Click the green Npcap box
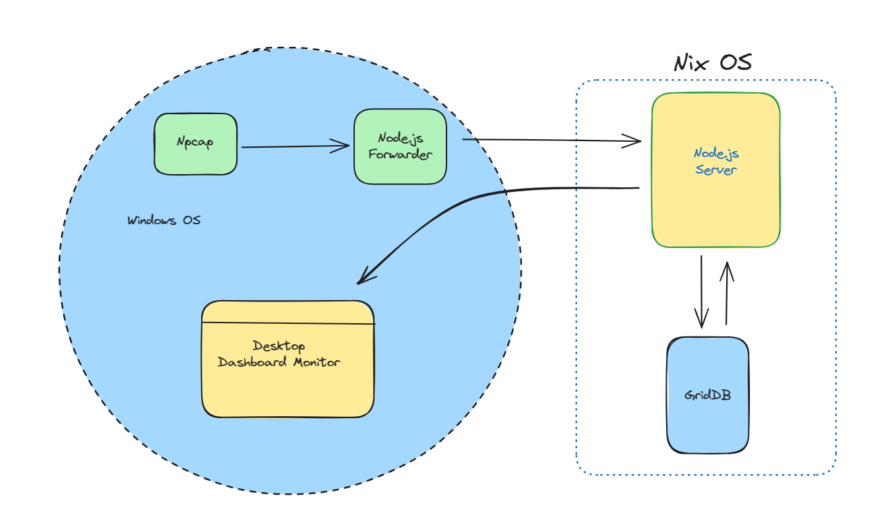pos(195,144)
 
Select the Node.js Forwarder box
pos(400,146)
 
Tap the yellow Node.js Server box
pos(716,170)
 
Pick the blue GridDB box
pos(708,396)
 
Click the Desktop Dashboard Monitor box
pos(288,359)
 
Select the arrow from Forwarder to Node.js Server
pos(551,140)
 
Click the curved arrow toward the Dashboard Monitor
pos(462,201)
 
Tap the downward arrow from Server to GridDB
pos(702,290)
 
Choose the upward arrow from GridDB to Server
pos(727,290)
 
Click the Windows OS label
pos(164,220)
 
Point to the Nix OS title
pos(713,63)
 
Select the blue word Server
pos(716,169)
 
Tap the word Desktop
pos(279,346)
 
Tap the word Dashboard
pos(253,362)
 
